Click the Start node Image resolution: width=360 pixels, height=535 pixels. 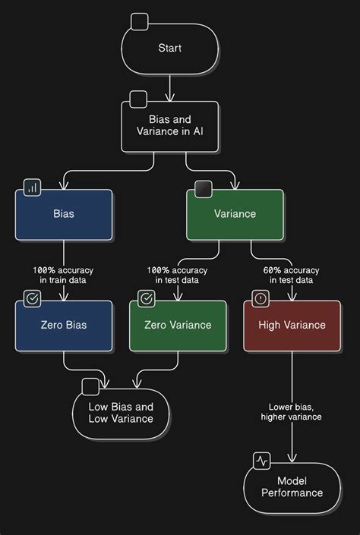(x=169, y=49)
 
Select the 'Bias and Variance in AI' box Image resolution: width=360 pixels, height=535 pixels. (x=169, y=126)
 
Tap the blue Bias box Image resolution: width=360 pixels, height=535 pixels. (x=64, y=214)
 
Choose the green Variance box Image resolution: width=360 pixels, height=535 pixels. (x=235, y=214)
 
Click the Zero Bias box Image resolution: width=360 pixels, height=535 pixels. (x=64, y=326)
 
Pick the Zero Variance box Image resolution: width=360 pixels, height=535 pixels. (x=178, y=326)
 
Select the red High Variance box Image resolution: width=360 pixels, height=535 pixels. (x=292, y=326)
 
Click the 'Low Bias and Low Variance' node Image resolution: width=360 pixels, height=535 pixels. (x=121, y=413)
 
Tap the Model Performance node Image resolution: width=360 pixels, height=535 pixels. (x=292, y=487)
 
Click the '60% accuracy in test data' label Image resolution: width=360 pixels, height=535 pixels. (x=292, y=275)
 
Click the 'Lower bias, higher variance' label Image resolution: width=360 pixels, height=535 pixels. (x=291, y=411)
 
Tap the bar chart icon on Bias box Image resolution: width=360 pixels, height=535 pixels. (x=32, y=187)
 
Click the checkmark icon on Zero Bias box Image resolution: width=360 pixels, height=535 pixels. (x=32, y=298)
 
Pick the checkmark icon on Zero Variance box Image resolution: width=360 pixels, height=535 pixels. (x=147, y=298)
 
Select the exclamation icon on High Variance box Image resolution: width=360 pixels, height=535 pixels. (x=261, y=298)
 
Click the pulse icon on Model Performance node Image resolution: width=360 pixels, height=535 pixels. (x=262, y=461)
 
